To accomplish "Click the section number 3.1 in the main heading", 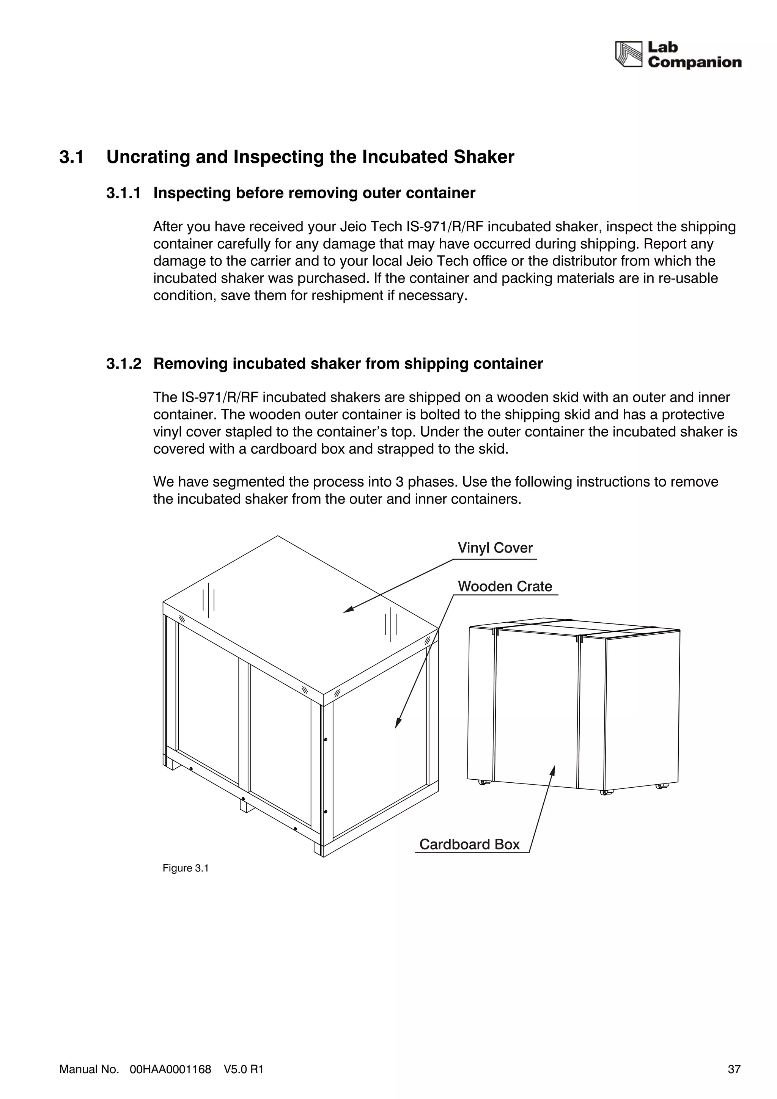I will (x=71, y=157).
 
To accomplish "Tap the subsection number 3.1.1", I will (x=124, y=193).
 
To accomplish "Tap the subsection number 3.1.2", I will (x=124, y=364).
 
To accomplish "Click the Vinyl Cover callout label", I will (x=495, y=548).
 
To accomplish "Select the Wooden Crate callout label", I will (x=505, y=586).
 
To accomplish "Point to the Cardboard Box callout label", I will (x=469, y=845).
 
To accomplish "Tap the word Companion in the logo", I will (x=694, y=62).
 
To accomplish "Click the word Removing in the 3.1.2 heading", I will (x=190, y=364).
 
